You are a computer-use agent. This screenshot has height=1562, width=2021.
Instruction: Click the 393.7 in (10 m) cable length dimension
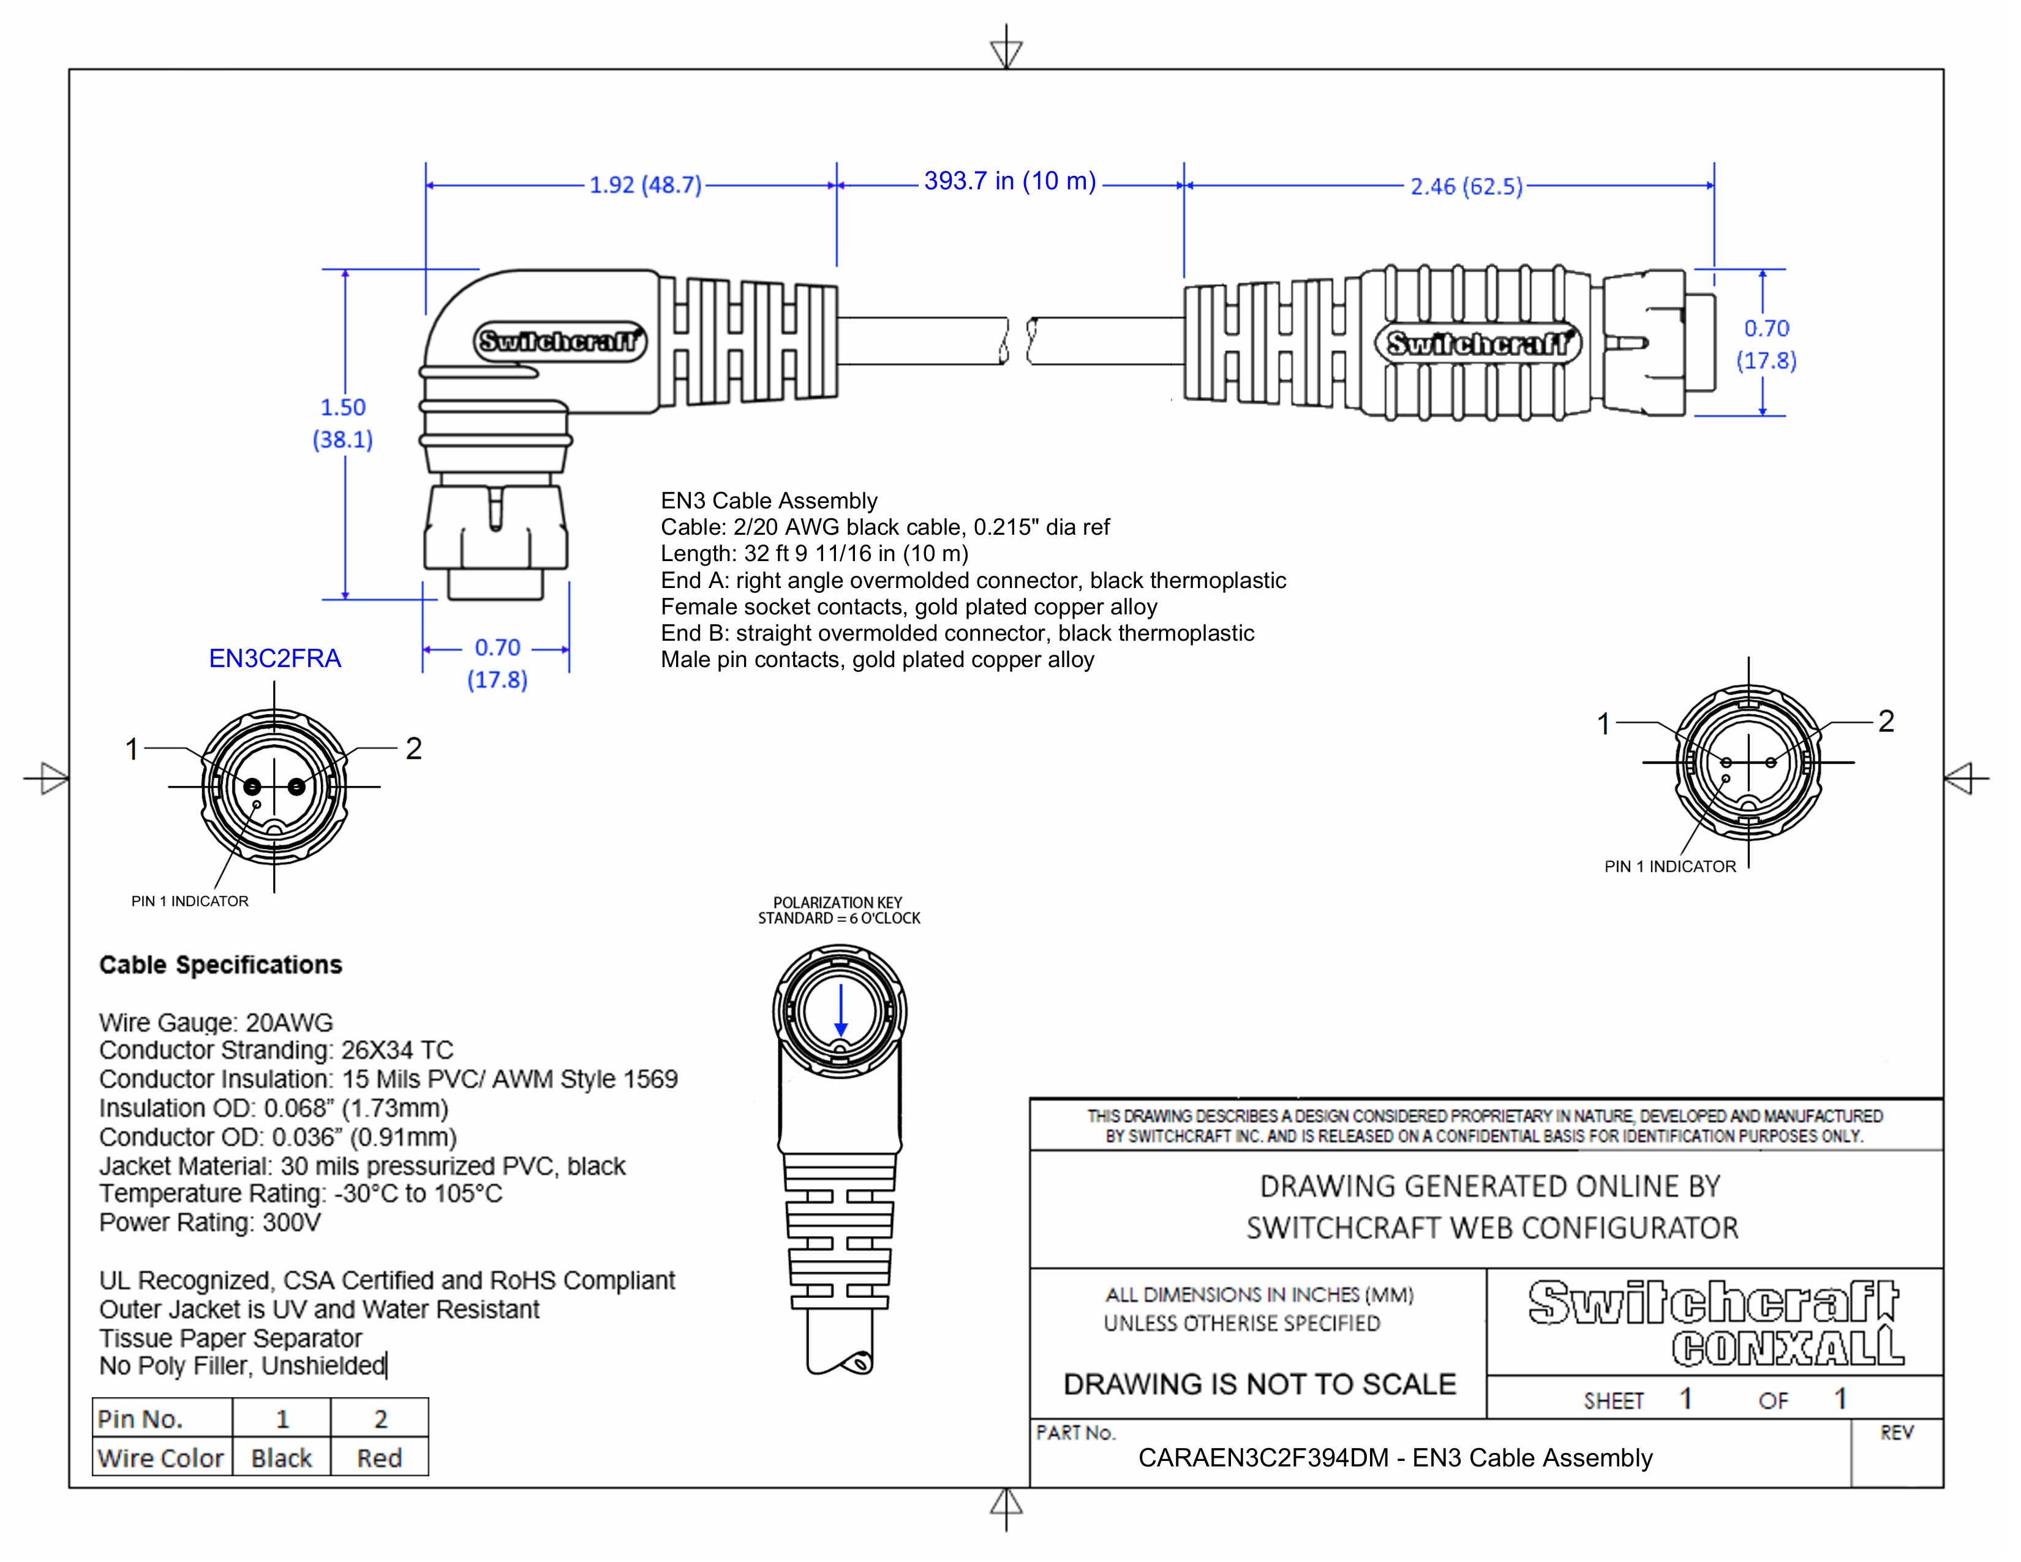tap(1009, 181)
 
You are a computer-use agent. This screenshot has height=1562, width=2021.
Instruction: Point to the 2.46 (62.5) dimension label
tap(1466, 187)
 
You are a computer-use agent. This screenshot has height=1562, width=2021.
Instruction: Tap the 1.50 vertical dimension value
tap(344, 407)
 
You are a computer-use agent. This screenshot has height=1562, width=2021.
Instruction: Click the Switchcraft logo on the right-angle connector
tap(560, 341)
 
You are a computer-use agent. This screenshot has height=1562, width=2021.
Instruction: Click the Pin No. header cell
tap(141, 1419)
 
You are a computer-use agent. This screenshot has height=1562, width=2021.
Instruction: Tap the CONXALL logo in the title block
tap(1788, 1348)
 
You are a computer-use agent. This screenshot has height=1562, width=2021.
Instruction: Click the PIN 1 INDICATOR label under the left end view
tap(190, 901)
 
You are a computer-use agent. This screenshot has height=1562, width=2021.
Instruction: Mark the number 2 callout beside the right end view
tap(1886, 721)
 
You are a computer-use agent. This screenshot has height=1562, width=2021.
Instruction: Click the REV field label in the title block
tap(1896, 1433)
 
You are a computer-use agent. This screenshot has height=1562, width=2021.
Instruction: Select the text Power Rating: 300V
tap(210, 1223)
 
